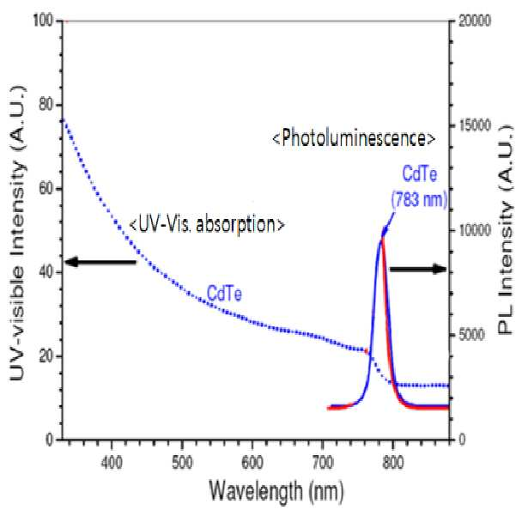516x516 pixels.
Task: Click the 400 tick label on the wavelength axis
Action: pyautogui.click(x=112, y=463)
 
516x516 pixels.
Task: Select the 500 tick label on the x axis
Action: pyautogui.click(x=182, y=463)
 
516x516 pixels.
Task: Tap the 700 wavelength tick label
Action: pyautogui.click(x=323, y=463)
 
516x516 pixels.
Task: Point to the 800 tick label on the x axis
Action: pyautogui.click(x=393, y=463)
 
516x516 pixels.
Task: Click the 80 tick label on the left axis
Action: pyautogui.click(x=46, y=105)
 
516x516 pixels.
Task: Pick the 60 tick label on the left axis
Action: pyautogui.click(x=46, y=189)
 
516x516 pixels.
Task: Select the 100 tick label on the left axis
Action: pyautogui.click(x=44, y=21)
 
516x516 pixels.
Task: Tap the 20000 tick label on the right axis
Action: pyautogui.click(x=475, y=21)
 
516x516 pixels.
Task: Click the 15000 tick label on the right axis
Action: pyautogui.click(x=475, y=125)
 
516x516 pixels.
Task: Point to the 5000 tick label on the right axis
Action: pyautogui.click(x=471, y=335)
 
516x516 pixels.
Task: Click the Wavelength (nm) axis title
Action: pyautogui.click(x=276, y=491)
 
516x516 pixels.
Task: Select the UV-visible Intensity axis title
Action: pyautogui.click(x=17, y=233)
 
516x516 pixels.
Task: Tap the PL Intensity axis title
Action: pyautogui.click(x=507, y=230)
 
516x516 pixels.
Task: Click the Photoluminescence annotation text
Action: pyautogui.click(x=354, y=138)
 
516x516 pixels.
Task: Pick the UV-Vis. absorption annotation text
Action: pyautogui.click(x=207, y=224)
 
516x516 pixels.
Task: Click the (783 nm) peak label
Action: pyautogui.click(x=420, y=199)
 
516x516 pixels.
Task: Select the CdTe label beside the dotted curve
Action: pyautogui.click(x=224, y=294)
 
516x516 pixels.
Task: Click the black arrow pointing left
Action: pyautogui.click(x=100, y=262)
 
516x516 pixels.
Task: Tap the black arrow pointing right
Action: pyautogui.click(x=418, y=269)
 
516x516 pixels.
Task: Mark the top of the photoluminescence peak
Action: pyautogui.click(x=383, y=235)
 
